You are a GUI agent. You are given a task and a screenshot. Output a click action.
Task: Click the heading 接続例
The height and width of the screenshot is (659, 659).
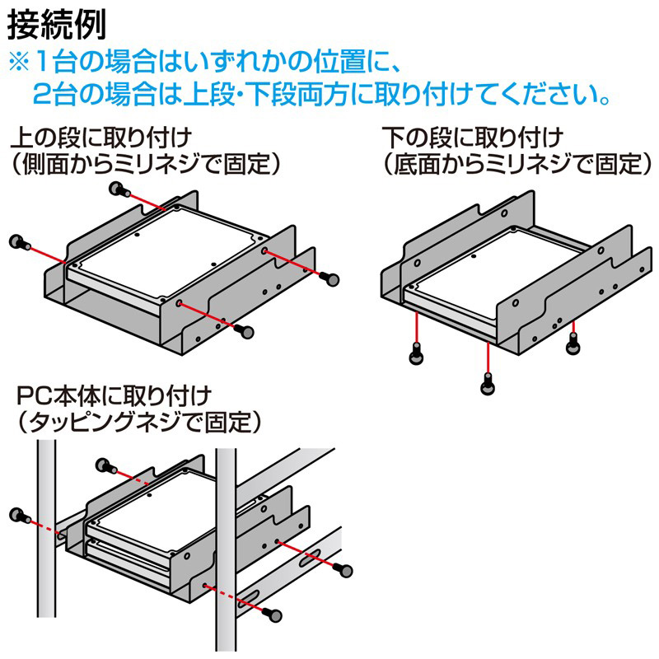pyautogui.click(x=57, y=25)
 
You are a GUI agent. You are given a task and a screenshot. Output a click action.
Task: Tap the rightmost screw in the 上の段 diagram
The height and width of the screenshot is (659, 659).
pyautogui.click(x=332, y=279)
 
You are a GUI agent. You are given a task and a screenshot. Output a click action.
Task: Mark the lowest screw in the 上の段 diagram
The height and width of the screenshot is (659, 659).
pyautogui.click(x=244, y=329)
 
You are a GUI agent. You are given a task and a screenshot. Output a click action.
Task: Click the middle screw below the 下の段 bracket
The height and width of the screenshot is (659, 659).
pyautogui.click(x=488, y=383)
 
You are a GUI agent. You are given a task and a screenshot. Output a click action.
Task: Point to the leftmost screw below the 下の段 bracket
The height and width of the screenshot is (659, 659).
pyautogui.click(x=417, y=355)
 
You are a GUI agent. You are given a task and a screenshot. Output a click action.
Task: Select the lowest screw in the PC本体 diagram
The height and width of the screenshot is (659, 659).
pyautogui.click(x=275, y=614)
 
